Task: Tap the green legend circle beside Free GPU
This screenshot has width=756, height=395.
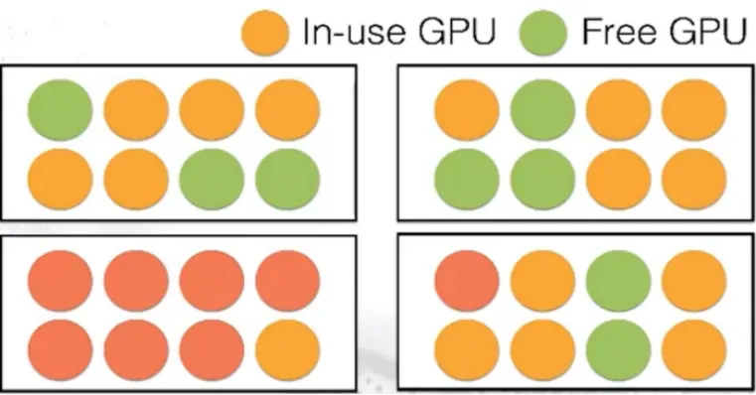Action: point(541,35)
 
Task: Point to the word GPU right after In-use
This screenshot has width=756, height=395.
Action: point(462,34)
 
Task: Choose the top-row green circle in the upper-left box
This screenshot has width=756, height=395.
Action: point(60,110)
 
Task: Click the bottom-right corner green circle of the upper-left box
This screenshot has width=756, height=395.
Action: point(288,179)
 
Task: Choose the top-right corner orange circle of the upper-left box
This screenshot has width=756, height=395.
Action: point(288,110)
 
